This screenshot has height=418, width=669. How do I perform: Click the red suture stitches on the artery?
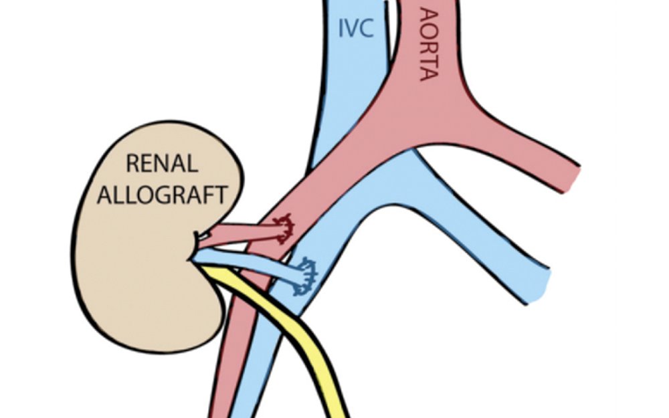click(x=286, y=228)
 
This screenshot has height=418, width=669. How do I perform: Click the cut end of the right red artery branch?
click(x=573, y=175)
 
